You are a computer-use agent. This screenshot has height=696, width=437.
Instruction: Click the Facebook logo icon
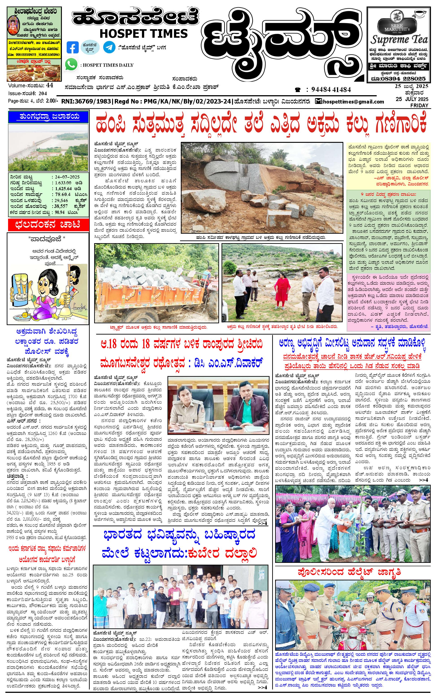[x=72, y=47]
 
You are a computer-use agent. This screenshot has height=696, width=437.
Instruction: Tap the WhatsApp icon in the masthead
[x=71, y=64]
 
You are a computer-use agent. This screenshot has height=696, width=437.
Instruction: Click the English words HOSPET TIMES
[x=143, y=33]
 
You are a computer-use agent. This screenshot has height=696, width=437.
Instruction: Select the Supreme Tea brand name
[x=399, y=39]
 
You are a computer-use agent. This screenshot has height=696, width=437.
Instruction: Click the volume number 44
[x=49, y=85]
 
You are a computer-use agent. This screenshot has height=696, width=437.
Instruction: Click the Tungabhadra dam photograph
[x=48, y=148]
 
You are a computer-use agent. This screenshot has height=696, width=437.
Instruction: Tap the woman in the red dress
[x=281, y=292]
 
